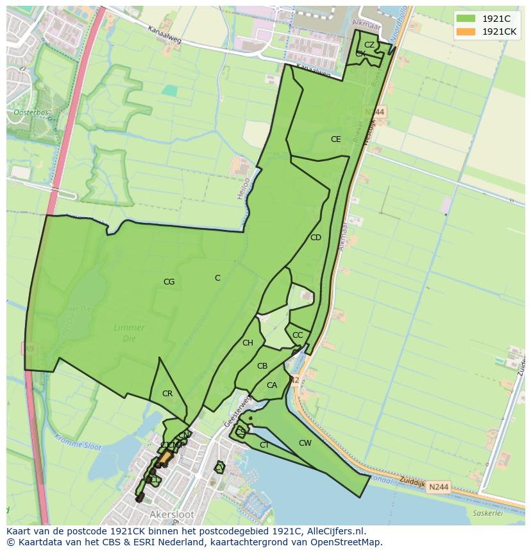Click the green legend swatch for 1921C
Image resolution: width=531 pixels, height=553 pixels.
(x=466, y=19)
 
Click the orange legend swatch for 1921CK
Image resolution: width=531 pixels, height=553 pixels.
(x=466, y=31)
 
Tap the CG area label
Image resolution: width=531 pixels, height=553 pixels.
(x=169, y=281)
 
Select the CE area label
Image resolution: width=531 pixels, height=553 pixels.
(x=335, y=139)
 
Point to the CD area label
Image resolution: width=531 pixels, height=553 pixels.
(x=316, y=238)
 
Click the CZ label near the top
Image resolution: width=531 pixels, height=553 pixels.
(x=369, y=44)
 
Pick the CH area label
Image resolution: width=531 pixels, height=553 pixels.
(x=248, y=343)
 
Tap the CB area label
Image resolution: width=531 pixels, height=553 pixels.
(x=262, y=366)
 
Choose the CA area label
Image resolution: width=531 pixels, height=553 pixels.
(x=271, y=385)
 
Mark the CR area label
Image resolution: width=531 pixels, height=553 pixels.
(x=167, y=394)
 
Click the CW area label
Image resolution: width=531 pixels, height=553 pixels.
(x=305, y=443)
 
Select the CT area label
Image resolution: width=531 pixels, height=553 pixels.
(x=264, y=444)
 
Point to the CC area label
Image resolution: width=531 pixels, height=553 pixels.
(x=298, y=335)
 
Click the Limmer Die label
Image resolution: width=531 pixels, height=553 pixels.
(x=129, y=332)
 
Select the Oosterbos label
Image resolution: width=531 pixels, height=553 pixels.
(x=31, y=112)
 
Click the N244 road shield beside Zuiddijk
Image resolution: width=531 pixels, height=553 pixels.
(x=439, y=487)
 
